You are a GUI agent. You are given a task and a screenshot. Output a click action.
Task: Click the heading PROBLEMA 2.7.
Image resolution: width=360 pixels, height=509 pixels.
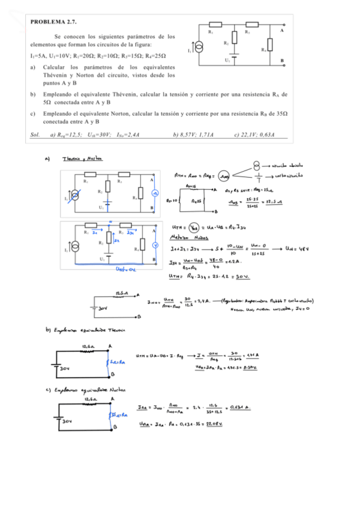tap(53, 22)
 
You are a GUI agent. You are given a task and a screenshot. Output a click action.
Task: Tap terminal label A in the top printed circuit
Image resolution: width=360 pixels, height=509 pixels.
tap(282, 29)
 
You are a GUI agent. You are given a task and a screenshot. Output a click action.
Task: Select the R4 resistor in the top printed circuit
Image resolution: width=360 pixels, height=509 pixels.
tap(269, 45)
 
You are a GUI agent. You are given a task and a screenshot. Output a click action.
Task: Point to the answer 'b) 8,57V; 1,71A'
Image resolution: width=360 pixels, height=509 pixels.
tap(191, 134)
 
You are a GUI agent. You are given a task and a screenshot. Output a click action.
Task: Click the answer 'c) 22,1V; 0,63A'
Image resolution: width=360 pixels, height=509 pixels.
tap(254, 134)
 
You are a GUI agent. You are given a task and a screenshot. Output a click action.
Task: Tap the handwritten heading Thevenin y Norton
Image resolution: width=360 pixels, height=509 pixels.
tap(82, 159)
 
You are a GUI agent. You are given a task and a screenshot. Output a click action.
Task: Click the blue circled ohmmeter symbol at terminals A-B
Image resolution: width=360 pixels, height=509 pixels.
tap(154, 193)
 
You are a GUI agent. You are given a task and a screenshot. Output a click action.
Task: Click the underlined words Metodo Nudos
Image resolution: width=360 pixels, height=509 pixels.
tap(188, 237)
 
